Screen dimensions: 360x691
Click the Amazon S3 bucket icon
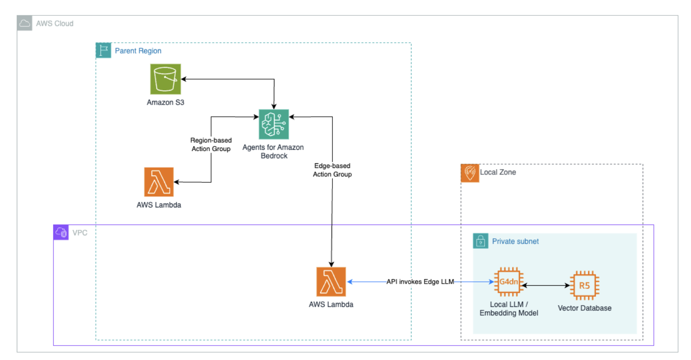click(x=166, y=79)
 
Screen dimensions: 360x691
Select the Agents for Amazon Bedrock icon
click(x=273, y=124)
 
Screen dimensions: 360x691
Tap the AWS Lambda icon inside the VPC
click(x=331, y=281)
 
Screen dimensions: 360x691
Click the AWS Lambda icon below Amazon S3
click(x=159, y=182)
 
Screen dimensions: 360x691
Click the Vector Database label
click(x=584, y=308)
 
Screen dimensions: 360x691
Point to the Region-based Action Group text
click(x=211, y=144)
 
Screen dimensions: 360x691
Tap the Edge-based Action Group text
click(x=332, y=170)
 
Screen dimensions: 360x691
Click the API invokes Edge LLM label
click(x=420, y=282)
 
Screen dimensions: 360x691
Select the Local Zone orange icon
click(x=470, y=173)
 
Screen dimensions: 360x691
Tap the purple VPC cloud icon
click(x=61, y=232)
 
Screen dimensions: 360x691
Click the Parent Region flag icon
click(x=103, y=50)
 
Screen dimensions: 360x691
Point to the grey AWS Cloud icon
click(x=25, y=23)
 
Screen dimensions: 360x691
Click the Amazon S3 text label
click(x=166, y=102)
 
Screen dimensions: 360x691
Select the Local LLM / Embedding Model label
click(x=508, y=308)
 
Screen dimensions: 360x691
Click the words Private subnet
click(x=515, y=241)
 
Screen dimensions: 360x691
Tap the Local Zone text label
click(x=498, y=172)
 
